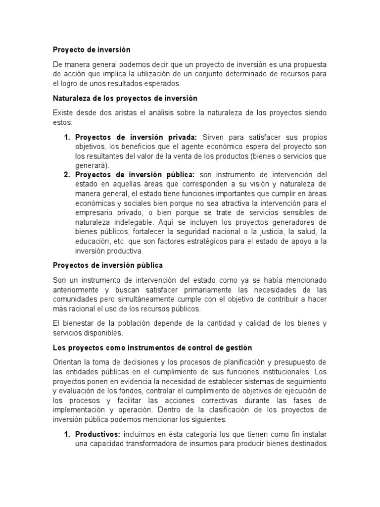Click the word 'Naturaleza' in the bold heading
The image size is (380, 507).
point(72,99)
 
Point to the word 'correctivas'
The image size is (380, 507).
point(237,400)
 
